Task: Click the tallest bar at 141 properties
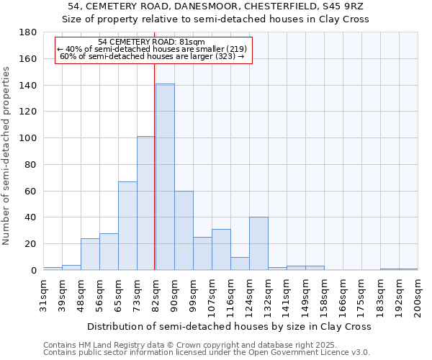click(x=165, y=177)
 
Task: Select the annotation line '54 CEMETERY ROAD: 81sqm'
click(x=151, y=42)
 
